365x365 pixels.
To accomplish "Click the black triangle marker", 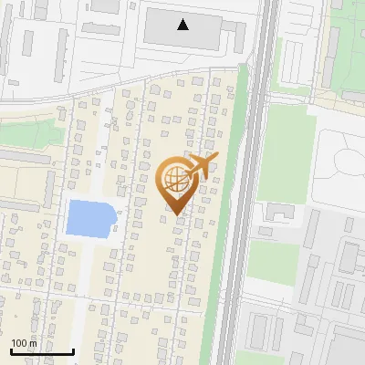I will tap(183, 25).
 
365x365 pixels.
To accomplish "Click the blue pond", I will tap(89, 218).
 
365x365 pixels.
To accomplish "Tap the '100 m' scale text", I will tap(25, 343).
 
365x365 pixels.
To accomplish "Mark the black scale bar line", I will tap(42, 351).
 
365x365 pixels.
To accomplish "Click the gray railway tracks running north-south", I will tap(239, 228).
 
